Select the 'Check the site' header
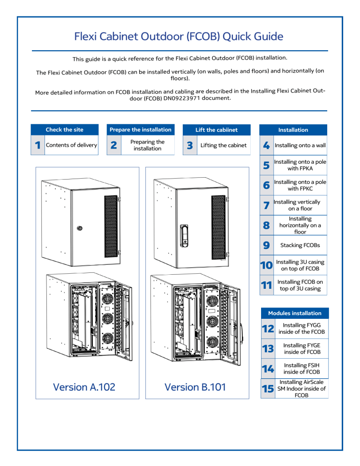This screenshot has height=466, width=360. point(65,130)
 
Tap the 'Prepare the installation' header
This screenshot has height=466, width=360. point(141,130)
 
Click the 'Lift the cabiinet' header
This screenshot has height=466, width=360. point(216,130)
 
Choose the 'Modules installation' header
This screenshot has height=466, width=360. point(294,313)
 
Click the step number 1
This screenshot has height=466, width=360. point(37,145)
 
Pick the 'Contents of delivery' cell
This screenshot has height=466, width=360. point(71,145)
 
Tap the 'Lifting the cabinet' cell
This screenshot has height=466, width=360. point(223,145)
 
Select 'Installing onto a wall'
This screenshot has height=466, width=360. point(300,145)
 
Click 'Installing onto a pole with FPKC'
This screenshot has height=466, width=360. point(300,185)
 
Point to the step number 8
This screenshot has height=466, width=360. point(266,225)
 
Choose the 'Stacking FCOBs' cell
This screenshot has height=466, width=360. point(300,245)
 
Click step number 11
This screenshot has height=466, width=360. point(266,286)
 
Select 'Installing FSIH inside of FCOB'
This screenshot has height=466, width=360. point(300,368)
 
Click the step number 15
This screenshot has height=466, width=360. point(266,389)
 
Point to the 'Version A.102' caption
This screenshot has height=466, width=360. point(85,387)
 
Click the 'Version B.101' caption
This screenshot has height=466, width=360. point(195,387)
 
